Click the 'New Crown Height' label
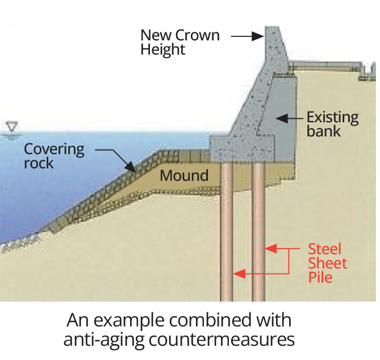pyautogui.click(x=179, y=42)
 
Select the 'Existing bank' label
pyautogui.click(x=332, y=124)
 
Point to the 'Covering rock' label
pyautogui.click(x=54, y=156)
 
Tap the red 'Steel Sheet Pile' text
pyautogui.click(x=327, y=263)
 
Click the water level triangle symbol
pyautogui.click(x=10, y=126)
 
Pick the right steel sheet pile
pyautogui.click(x=258, y=233)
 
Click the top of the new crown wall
pyautogui.click(x=272, y=28)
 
